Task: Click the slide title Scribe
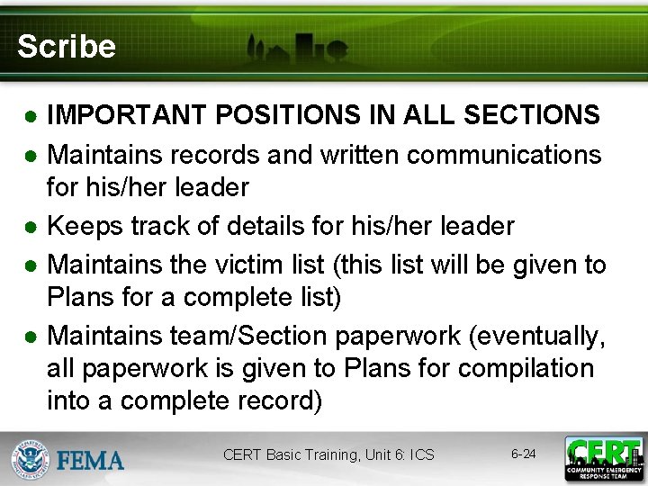[66, 47]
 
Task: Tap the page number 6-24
[523, 454]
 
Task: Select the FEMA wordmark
[90, 461]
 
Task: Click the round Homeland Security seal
[31, 459]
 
